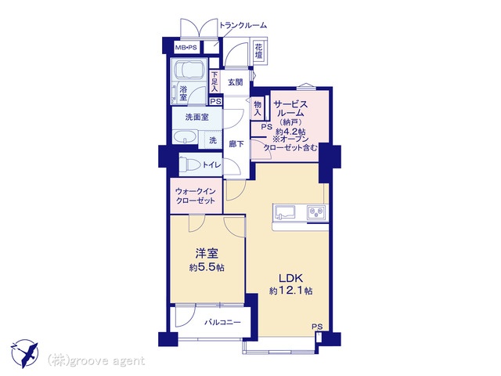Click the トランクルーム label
[243, 25]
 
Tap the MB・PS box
[186, 48]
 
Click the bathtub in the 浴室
[189, 70]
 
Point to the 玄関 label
[235, 82]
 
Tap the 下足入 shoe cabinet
[214, 82]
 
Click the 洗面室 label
[197, 117]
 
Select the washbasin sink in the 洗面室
[185, 137]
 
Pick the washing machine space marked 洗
[211, 139]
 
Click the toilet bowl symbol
[189, 164]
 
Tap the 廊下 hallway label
[236, 144]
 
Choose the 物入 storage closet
[258, 108]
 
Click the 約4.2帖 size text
[290, 132]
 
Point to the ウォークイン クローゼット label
[196, 196]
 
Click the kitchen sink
[284, 211]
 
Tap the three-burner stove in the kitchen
[317, 212]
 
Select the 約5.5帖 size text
[207, 267]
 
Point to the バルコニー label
[222, 322]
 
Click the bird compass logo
[24, 353]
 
